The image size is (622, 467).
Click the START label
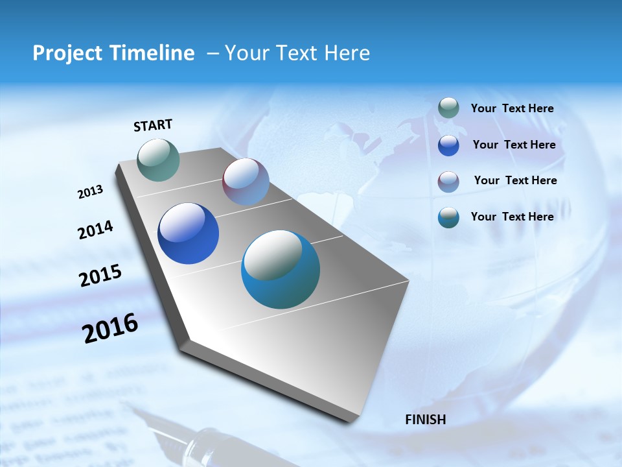[x=153, y=125]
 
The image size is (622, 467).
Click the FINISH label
[x=426, y=420]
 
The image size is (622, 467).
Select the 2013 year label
[x=90, y=192]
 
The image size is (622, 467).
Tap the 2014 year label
[x=95, y=230]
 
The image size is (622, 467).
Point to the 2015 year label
[x=100, y=276]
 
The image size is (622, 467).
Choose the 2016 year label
[x=110, y=328]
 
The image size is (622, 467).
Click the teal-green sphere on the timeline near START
[x=158, y=160]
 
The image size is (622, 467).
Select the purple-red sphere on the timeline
[x=246, y=182]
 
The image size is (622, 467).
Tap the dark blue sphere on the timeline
[x=188, y=233]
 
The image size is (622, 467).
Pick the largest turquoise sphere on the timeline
[x=281, y=269]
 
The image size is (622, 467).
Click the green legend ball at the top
[x=448, y=108]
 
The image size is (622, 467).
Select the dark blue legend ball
[x=448, y=145]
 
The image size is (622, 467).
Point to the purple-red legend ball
[x=448, y=181]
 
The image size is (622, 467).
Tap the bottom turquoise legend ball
[x=448, y=217]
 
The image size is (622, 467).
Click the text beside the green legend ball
[x=512, y=109]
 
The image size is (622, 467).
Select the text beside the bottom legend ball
[x=512, y=217]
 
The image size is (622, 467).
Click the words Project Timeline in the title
[x=113, y=53]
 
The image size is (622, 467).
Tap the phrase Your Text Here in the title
[x=297, y=53]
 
